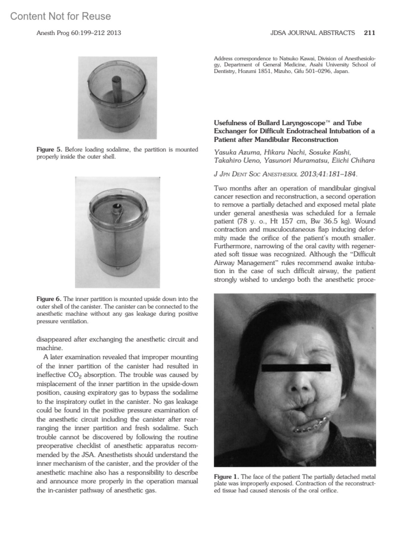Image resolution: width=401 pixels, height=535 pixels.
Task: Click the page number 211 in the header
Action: coord(370,33)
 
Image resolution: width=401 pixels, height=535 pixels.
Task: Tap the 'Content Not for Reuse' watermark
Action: coord(60,16)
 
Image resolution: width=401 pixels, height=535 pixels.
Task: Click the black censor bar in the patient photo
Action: coord(296,368)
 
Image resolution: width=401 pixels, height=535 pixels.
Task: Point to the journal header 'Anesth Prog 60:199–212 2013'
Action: coord(79,33)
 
